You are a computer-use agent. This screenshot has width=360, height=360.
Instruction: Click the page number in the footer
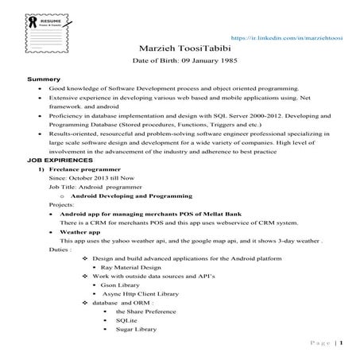(x=341, y=343)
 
